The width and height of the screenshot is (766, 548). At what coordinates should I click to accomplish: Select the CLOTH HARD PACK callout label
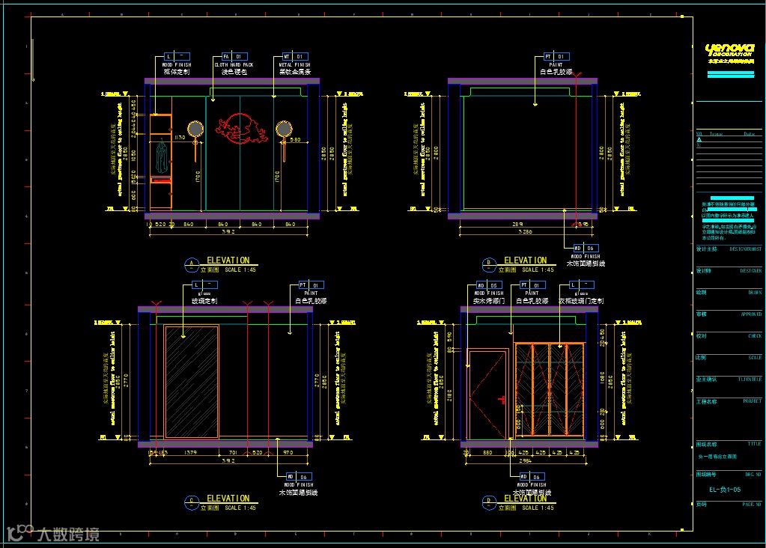point(234,64)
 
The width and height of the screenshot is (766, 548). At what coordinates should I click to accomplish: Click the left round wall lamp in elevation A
point(195,130)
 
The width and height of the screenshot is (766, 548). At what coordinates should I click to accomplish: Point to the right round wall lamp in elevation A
point(284,130)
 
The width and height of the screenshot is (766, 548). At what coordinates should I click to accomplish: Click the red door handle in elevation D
point(505,398)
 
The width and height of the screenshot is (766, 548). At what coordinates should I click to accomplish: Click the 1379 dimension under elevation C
point(190,453)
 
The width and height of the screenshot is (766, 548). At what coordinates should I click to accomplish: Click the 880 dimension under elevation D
point(487,453)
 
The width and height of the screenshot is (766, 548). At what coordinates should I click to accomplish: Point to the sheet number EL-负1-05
point(725,490)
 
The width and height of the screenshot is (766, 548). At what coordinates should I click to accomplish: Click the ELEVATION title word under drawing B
point(525,261)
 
